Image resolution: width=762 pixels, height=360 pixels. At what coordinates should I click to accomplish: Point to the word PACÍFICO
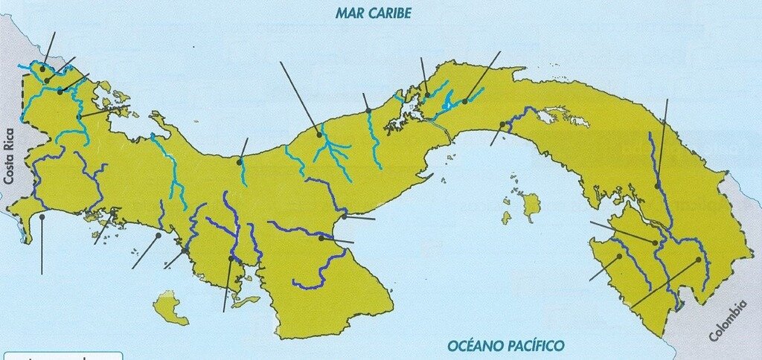pos(535,345)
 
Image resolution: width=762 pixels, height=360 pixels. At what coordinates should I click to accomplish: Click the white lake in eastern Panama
pos(548,117)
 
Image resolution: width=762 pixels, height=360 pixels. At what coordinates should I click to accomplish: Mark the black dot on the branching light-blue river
pos(319,135)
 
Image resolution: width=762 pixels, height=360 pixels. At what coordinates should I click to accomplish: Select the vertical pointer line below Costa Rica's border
pos(42,245)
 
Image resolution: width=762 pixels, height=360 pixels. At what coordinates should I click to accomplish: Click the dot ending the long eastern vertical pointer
pos(658,185)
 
